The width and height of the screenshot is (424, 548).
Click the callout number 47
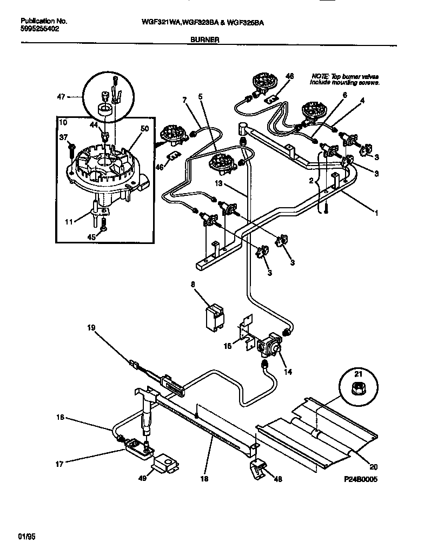61,97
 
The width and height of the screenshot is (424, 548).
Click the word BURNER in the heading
204,39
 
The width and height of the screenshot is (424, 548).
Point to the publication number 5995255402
40,29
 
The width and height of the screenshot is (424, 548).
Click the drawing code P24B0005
359,479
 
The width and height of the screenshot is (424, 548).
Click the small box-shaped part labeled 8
215,316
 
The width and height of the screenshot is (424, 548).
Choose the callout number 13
218,183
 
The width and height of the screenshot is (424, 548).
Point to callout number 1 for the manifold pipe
376,213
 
